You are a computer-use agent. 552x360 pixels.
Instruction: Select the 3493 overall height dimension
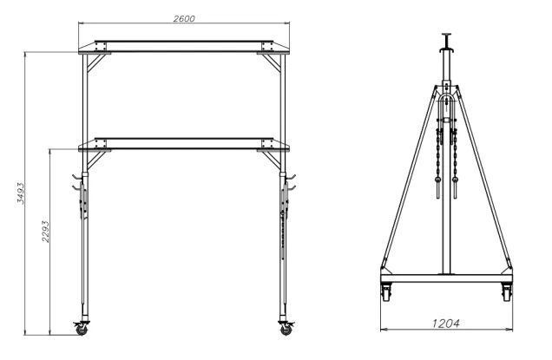[18, 193]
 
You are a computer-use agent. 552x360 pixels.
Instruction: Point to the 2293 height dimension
[44, 241]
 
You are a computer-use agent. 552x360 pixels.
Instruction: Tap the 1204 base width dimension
[444, 323]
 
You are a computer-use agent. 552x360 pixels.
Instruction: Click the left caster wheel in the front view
[82, 329]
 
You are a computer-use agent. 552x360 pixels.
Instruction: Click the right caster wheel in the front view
[286, 329]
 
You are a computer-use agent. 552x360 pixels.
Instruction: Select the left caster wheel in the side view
[384, 292]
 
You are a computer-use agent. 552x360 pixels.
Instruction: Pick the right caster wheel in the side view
[506, 292]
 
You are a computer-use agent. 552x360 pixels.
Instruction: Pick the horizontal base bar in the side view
[445, 279]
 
